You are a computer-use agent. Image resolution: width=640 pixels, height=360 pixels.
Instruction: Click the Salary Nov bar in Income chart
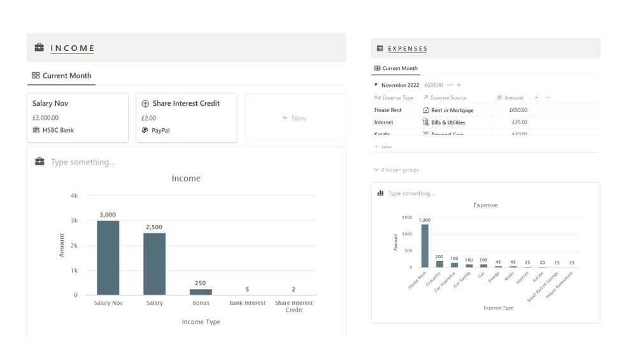click(108, 257)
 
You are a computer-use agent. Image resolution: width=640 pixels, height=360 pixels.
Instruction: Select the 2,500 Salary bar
click(154, 264)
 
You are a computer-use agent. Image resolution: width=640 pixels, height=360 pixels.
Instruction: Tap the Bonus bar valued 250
click(201, 292)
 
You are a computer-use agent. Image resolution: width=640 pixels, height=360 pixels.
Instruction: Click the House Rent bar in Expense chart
click(425, 245)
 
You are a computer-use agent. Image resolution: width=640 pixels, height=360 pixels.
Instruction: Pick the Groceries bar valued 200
click(439, 263)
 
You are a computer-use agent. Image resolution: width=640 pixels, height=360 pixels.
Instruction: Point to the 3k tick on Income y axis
click(74, 220)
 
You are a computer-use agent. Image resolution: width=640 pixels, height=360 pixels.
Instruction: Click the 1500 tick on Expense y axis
click(407, 217)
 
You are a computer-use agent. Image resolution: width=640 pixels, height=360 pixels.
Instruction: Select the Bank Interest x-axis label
click(247, 303)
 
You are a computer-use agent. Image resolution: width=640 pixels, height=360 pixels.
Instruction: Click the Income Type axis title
click(201, 322)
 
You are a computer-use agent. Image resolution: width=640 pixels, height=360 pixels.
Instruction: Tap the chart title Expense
click(485, 205)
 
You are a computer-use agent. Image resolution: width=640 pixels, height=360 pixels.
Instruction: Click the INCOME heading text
click(73, 48)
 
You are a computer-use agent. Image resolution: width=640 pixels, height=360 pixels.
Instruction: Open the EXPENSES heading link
click(408, 48)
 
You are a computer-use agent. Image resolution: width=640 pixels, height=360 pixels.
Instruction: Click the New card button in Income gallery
click(295, 118)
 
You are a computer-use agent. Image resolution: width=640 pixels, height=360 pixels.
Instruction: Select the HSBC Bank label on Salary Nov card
click(58, 130)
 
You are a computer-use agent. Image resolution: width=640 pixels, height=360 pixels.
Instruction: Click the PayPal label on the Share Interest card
click(160, 130)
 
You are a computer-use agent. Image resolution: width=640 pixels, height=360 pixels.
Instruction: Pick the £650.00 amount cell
click(518, 110)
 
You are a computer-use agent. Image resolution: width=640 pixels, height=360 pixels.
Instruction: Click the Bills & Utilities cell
click(448, 122)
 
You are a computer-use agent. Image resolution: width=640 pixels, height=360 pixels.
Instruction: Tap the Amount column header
click(513, 97)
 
